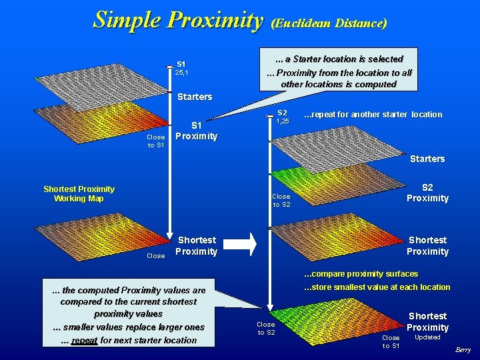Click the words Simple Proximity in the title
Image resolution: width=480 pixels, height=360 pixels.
tap(178, 20)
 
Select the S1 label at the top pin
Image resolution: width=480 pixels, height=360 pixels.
tap(181, 64)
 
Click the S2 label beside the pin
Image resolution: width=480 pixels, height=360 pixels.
tap(282, 113)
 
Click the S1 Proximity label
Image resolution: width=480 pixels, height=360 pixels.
tap(196, 131)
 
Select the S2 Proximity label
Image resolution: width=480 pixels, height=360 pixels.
tap(427, 193)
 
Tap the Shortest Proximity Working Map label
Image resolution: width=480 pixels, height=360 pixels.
tap(79, 194)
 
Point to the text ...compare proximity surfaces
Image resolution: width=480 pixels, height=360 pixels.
tap(361, 274)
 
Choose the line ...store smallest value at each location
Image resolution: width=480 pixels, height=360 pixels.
tap(377, 287)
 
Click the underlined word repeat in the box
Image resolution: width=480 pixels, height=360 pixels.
tap(84, 340)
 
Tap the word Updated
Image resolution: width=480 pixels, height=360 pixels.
tap(427, 337)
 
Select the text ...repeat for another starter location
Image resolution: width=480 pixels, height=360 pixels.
tap(373, 115)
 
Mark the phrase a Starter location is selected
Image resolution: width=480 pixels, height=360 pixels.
tap(344, 59)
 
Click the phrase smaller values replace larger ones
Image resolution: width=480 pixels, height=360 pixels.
tap(129, 327)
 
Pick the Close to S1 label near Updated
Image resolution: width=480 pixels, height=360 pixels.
tap(391, 341)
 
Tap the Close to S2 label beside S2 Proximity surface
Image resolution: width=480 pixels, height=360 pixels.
tap(281, 201)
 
